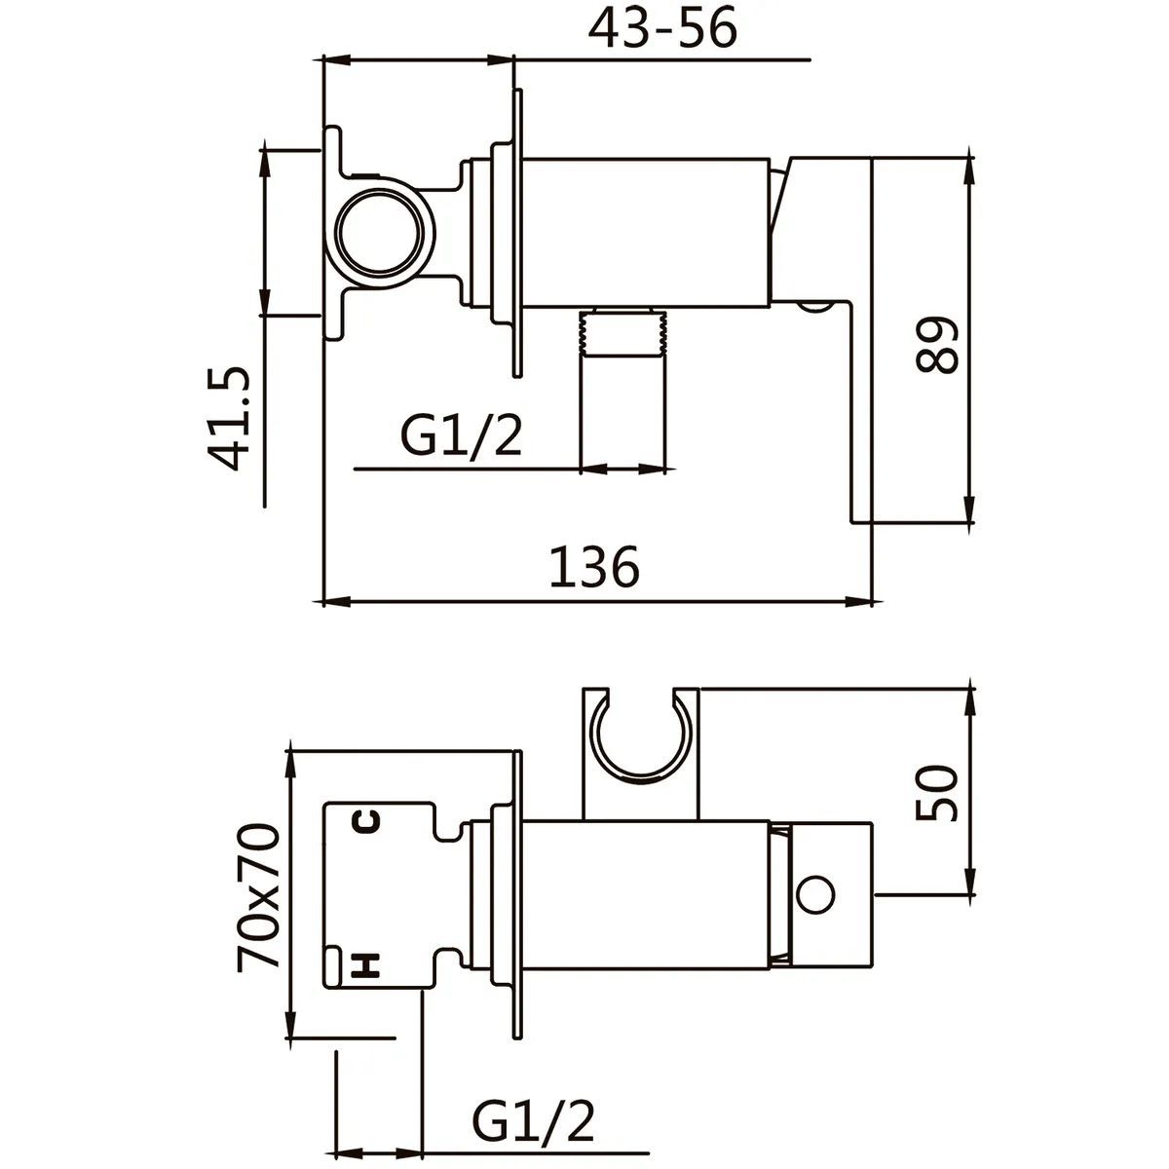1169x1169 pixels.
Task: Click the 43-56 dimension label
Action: click(x=662, y=28)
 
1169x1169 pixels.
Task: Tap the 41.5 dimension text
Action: click(x=228, y=419)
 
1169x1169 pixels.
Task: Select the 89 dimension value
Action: click(x=936, y=344)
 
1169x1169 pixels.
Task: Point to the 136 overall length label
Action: click(x=594, y=567)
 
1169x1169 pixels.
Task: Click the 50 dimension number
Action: click(x=936, y=793)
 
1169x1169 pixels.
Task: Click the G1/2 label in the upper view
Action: click(x=461, y=436)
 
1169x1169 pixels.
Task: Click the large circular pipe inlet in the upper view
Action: click(x=380, y=234)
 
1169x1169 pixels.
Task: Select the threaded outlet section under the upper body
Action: click(x=623, y=331)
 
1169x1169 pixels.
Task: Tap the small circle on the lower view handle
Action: click(x=816, y=894)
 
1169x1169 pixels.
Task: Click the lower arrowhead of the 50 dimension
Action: click(x=970, y=881)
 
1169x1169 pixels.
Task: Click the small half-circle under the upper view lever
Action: click(x=815, y=306)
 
